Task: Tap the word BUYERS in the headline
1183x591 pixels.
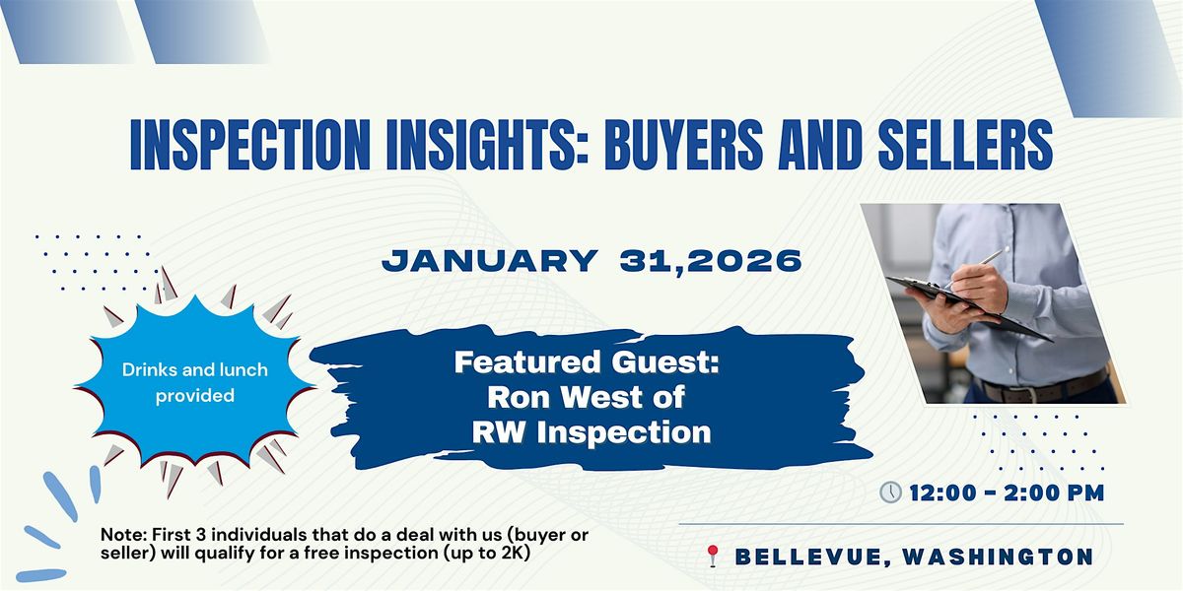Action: click(684, 145)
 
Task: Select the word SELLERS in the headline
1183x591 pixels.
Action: click(965, 145)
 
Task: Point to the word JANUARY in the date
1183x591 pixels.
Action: click(490, 261)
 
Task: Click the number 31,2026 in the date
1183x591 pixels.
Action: click(711, 261)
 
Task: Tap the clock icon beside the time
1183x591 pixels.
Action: click(890, 492)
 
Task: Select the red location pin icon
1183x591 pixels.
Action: click(713, 556)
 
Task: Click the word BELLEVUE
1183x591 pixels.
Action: click(809, 558)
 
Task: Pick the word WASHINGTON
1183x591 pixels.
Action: click(998, 557)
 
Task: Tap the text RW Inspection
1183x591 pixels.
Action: click(591, 432)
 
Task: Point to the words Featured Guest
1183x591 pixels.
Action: click(587, 362)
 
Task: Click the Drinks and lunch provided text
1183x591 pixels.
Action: click(195, 382)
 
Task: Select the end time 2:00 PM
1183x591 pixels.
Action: click(1054, 492)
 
